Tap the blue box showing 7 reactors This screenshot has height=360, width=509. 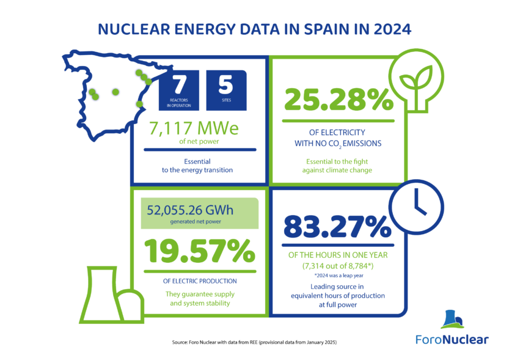[178, 90]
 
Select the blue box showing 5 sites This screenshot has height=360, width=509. [226, 90]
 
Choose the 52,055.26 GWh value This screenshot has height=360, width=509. [191, 210]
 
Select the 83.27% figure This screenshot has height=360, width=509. [337, 228]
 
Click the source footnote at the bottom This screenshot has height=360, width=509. [254, 343]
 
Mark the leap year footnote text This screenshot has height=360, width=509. [339, 276]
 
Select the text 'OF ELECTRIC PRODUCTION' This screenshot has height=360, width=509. [200, 281]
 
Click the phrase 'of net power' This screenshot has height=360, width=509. [199, 142]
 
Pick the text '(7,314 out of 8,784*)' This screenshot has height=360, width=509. [338, 266]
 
